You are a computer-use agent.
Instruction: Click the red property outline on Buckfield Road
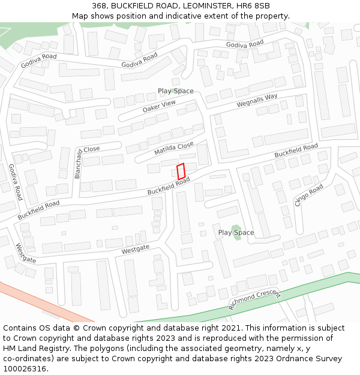181,170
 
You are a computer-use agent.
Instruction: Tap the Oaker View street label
159,107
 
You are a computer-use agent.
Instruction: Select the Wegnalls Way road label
257,100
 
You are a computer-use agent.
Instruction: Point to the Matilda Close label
174,149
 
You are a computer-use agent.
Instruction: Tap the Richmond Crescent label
254,299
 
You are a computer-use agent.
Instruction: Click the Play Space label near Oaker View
175,91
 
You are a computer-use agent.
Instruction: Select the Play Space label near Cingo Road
236,232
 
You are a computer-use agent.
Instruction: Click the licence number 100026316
25,369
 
